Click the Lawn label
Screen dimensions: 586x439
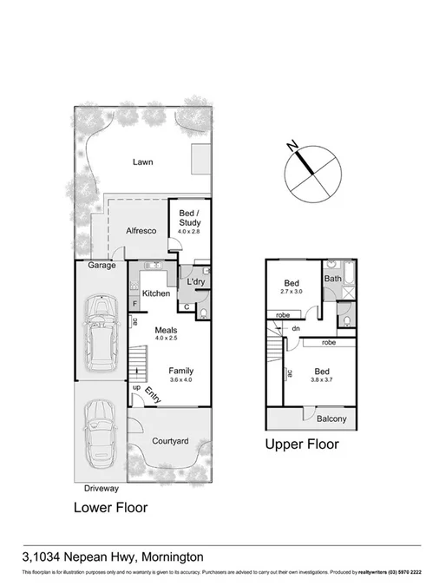pos(143,161)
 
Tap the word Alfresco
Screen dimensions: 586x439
pos(141,231)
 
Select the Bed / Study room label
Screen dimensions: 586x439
pos(189,218)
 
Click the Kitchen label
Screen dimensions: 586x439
pos(155,293)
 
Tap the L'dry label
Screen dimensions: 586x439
pos(196,281)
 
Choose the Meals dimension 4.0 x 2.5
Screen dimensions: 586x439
pos(167,339)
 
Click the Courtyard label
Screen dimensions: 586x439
pos(170,441)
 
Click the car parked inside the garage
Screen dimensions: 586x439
pos(102,329)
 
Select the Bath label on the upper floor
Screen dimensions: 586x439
pos(333,279)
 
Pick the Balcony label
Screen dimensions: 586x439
pos(331,419)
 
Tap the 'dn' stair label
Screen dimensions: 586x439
pos(296,328)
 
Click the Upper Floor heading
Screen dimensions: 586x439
pos(302,444)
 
